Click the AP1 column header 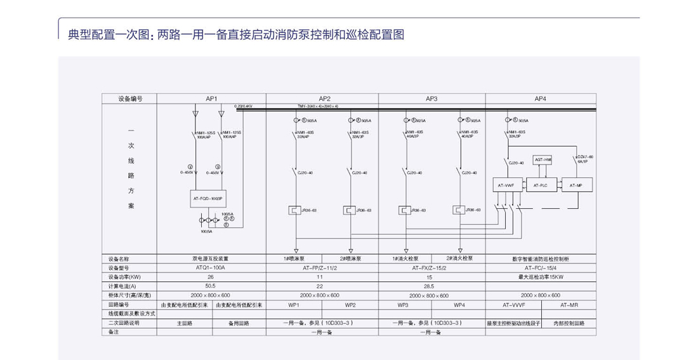click(x=211, y=98)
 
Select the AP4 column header click(x=540, y=98)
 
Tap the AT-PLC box click(x=540, y=185)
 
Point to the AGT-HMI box click(x=543, y=159)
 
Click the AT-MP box click(x=576, y=185)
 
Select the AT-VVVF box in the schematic click(x=506, y=185)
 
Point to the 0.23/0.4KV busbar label click(x=244, y=106)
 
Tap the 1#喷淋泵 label click(x=295, y=259)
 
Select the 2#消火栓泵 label click(x=459, y=258)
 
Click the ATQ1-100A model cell click(x=211, y=268)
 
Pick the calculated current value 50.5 click(x=211, y=286)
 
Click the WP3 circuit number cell click(x=403, y=305)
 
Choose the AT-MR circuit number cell click(x=569, y=305)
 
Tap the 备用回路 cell click(x=239, y=323)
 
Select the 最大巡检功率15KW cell click(x=540, y=277)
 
